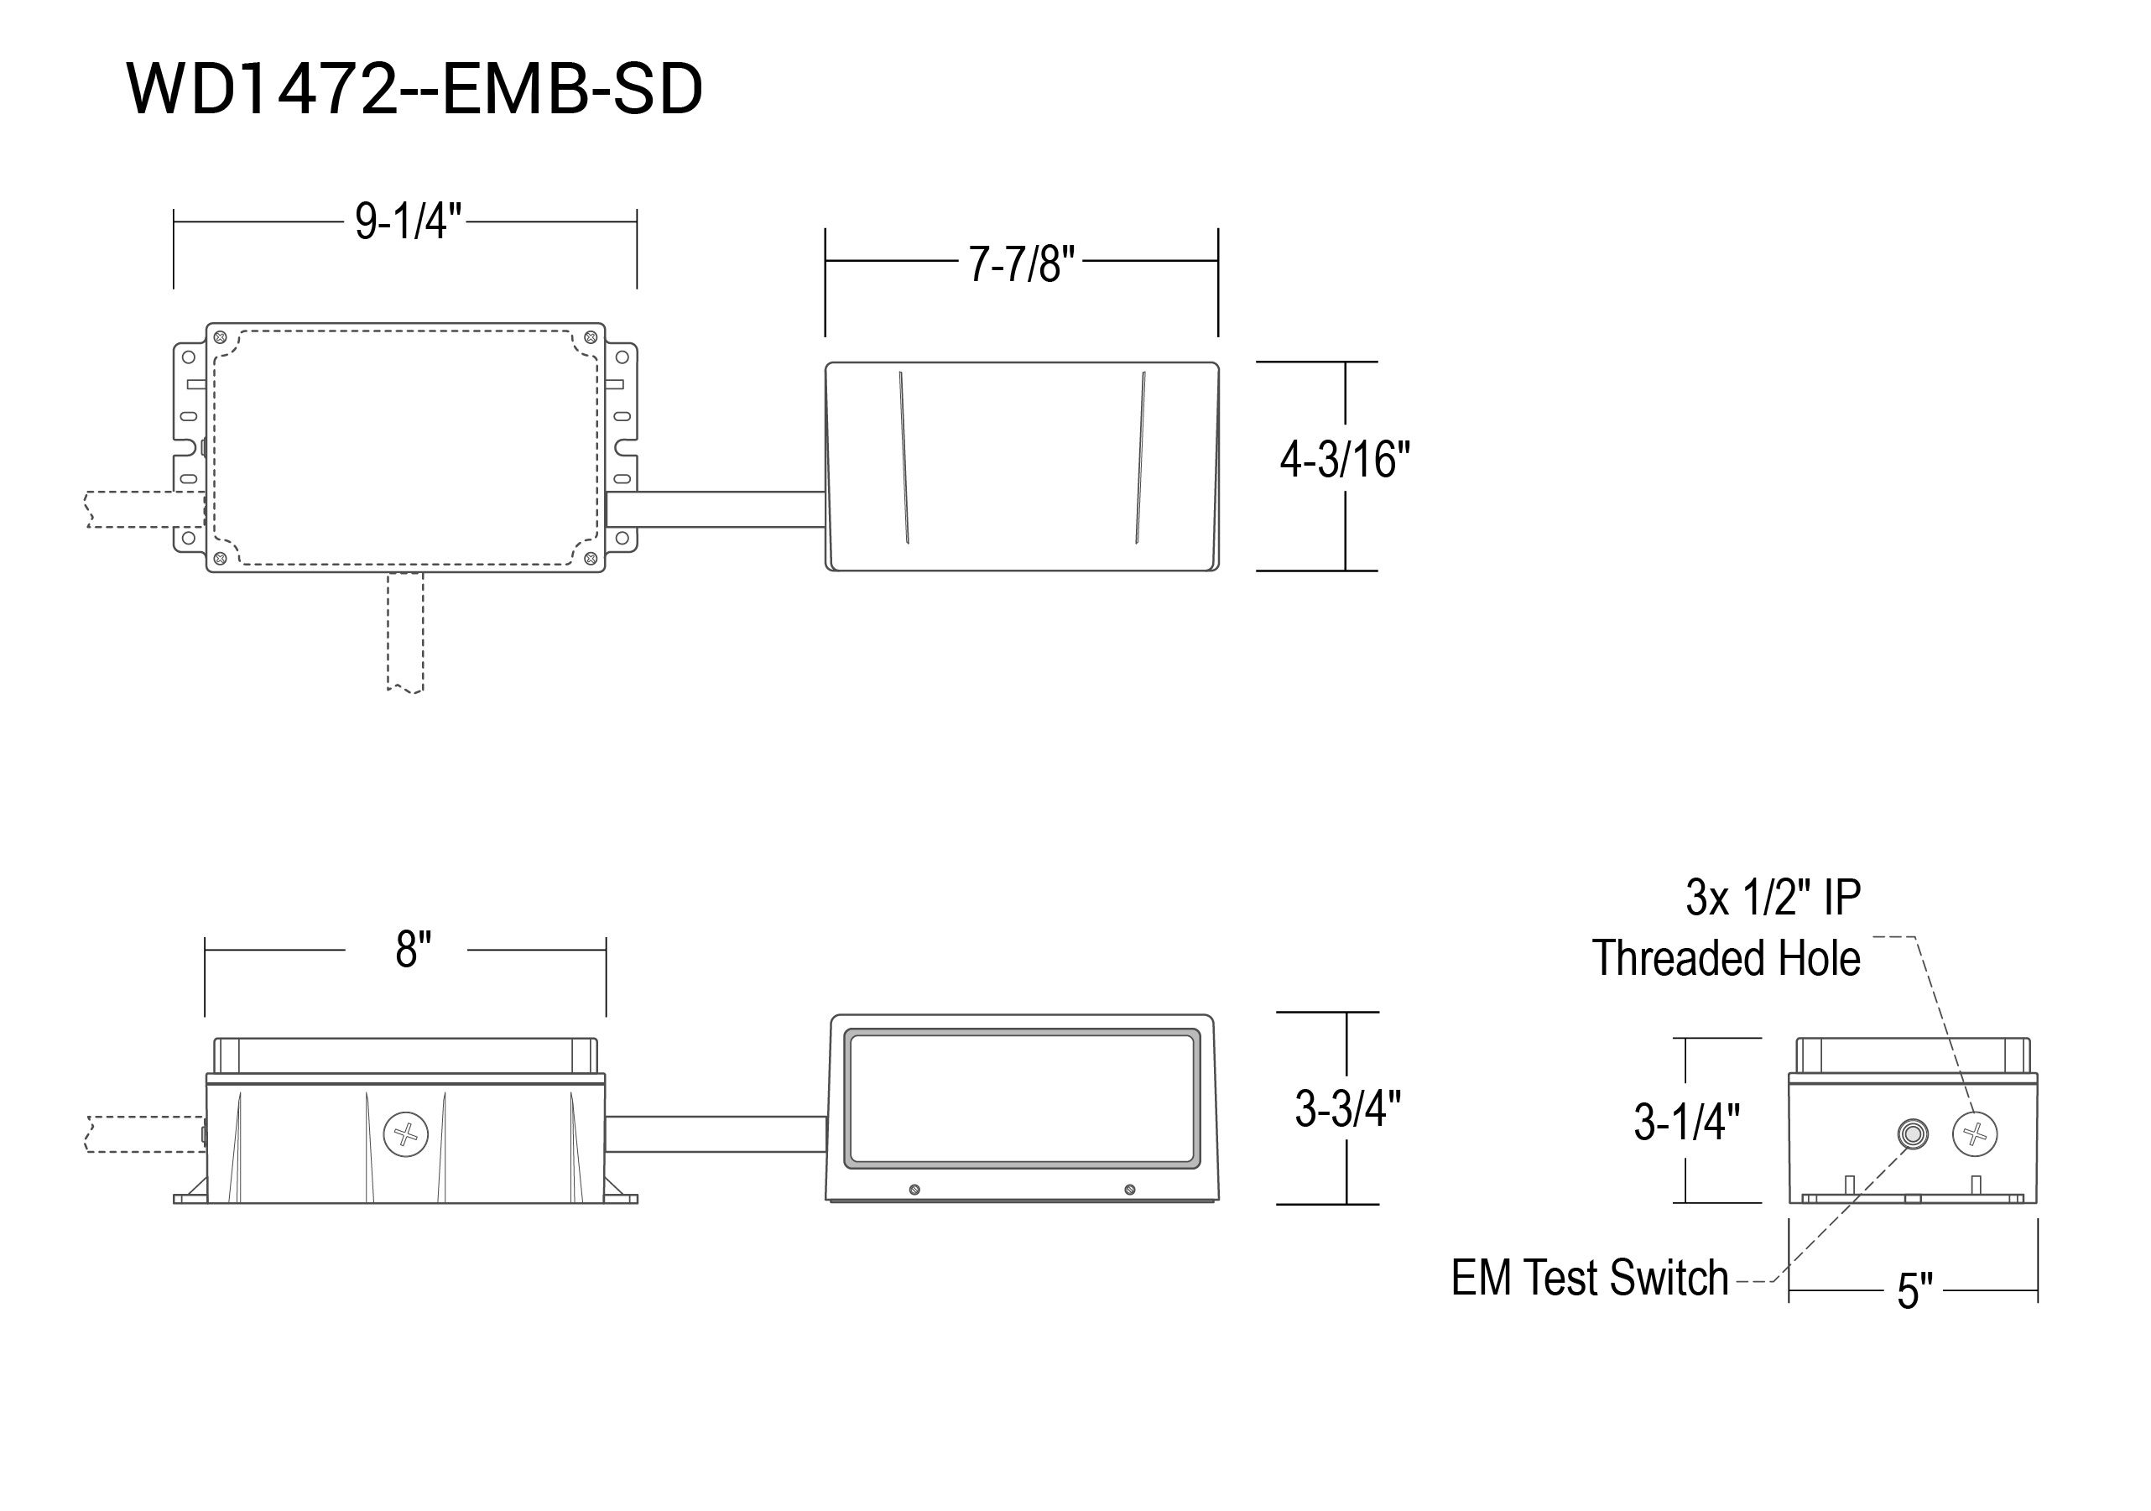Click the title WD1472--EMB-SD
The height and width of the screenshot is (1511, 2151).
tap(414, 90)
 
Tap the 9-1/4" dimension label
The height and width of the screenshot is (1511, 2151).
tap(408, 222)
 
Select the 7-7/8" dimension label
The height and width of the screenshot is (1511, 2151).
tap(1021, 264)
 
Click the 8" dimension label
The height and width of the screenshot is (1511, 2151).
tap(413, 950)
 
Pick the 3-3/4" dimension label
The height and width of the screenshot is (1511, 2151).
tap(1347, 1109)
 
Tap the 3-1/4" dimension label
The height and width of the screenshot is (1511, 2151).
tap(1686, 1122)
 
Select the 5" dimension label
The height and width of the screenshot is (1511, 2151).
tap(1915, 1291)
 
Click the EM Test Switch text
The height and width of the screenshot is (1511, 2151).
tap(1590, 1278)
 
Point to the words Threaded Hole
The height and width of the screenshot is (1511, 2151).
tap(1727, 958)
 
